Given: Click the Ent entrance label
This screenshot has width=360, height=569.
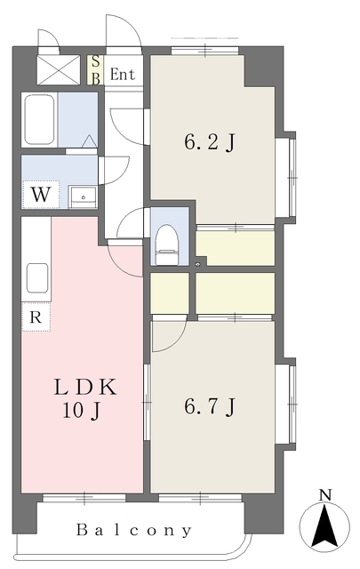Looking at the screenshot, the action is point(123,75).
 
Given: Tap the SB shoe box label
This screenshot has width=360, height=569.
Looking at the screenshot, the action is point(95,70).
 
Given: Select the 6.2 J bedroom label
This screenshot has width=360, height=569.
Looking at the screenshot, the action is point(210,142).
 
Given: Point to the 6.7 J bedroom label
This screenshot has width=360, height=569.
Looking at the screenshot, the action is point(210,406).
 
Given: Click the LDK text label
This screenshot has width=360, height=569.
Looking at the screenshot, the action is point(85,387).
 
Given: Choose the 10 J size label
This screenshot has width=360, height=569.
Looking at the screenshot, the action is point(82,411).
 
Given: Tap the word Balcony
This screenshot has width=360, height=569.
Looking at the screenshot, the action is point(133,530).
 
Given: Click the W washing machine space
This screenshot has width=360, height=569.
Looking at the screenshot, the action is point(41,195).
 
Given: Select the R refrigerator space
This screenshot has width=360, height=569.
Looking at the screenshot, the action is point(36,317).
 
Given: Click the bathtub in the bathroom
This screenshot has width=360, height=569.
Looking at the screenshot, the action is point(39,119).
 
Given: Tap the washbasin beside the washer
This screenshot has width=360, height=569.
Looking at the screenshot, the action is point(83,197).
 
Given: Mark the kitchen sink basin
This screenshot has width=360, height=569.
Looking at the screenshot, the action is point(37,278).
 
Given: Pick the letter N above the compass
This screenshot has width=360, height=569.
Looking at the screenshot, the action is point(325,494).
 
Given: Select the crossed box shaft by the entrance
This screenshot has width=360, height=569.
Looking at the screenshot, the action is point(59,69).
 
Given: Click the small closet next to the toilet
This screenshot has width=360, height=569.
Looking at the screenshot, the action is point(170,293).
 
